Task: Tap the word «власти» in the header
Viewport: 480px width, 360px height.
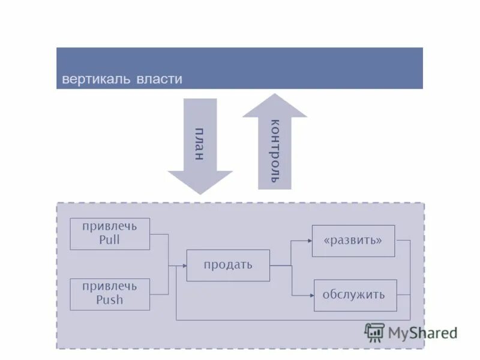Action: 159,79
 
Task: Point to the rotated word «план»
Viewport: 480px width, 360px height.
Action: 200,144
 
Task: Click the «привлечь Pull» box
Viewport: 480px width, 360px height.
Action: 110,233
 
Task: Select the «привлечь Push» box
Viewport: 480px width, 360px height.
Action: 110,294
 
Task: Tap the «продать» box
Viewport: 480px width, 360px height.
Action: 228,265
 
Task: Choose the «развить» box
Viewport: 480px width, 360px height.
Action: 353,241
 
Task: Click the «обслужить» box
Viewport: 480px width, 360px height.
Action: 355,295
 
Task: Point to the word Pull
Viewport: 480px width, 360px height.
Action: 109,240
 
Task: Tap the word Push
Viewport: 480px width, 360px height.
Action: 109,300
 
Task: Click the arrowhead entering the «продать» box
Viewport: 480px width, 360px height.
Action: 183,265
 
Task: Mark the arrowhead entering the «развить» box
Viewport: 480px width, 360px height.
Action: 309,241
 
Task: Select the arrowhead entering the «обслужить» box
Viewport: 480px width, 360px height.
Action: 311,295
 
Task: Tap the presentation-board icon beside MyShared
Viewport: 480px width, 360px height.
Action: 374,332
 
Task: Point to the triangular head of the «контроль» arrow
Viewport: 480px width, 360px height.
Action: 275,106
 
